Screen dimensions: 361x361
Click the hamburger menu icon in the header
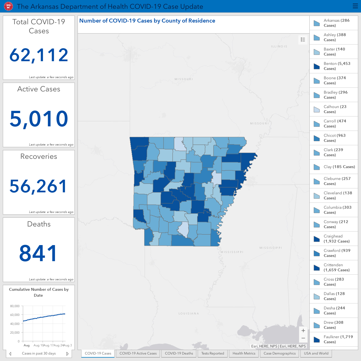(x=355, y=6)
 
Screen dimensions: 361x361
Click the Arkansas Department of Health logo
(x=8, y=6)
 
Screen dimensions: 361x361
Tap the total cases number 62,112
(x=39, y=55)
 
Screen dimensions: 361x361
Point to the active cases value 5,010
(x=39, y=118)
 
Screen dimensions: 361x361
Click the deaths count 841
(x=38, y=253)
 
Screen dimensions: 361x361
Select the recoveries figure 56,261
(x=38, y=186)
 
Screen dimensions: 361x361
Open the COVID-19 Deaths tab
(x=179, y=353)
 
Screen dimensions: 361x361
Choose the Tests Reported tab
(x=213, y=353)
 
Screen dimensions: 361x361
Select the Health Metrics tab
(x=244, y=353)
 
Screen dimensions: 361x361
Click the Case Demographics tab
(x=279, y=353)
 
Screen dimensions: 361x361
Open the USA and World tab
(x=316, y=353)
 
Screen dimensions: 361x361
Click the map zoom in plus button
(x=303, y=331)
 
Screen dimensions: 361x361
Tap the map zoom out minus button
(x=303, y=338)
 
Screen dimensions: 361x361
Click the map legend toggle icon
(x=303, y=40)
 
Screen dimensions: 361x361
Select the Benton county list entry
(x=334, y=66)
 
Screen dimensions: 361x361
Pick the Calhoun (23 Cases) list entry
(x=334, y=109)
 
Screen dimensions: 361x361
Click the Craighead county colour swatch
(x=317, y=239)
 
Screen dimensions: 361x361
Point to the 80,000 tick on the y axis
(x=15, y=306)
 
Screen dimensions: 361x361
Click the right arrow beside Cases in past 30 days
(x=67, y=353)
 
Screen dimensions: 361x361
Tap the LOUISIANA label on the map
(x=189, y=313)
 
